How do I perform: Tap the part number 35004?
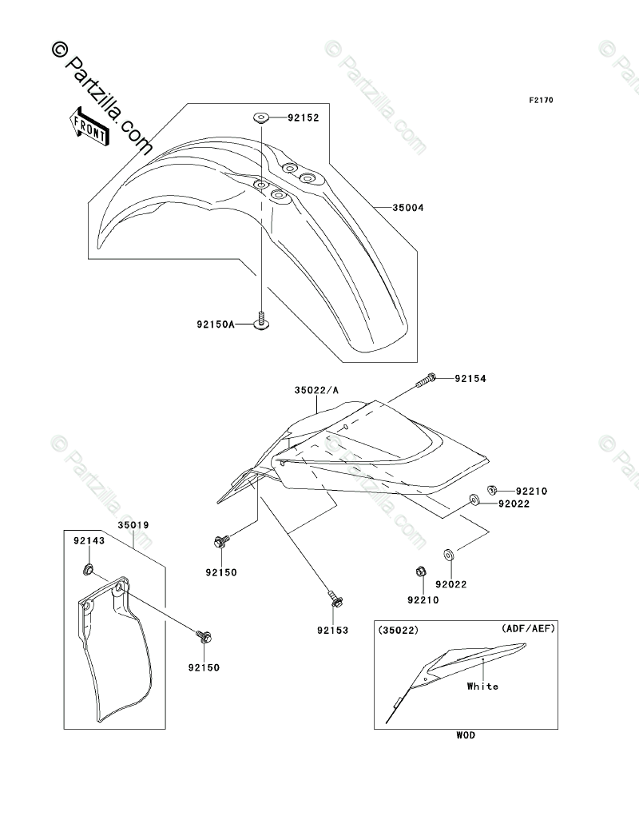pyautogui.click(x=407, y=208)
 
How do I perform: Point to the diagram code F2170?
pyautogui.click(x=541, y=101)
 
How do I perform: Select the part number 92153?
pyautogui.click(x=334, y=631)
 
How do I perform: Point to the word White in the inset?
pyautogui.click(x=482, y=686)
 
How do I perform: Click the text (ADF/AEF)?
pyautogui.click(x=528, y=628)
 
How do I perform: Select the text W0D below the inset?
pyautogui.click(x=466, y=735)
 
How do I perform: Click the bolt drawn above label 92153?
pyautogui.click(x=334, y=597)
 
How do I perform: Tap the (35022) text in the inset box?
pyautogui.click(x=399, y=630)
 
